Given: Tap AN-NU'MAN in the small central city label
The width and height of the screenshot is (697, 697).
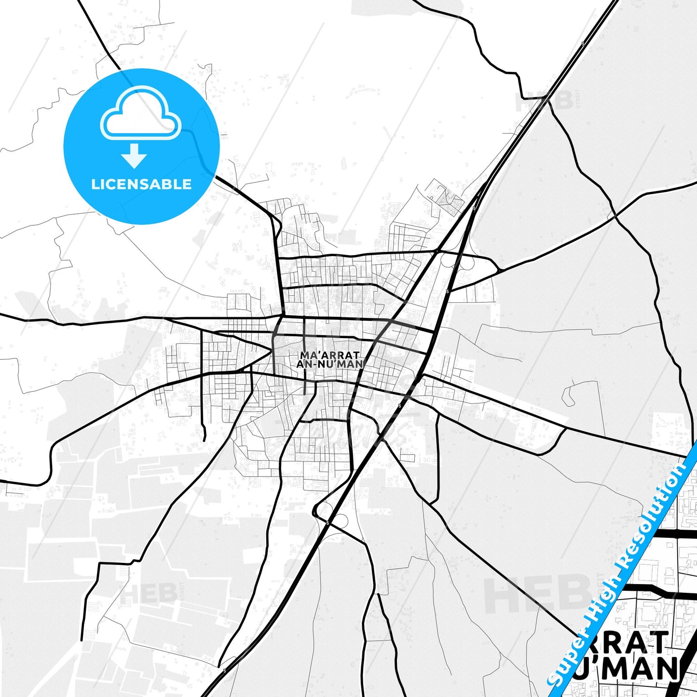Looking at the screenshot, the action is click(x=330, y=364).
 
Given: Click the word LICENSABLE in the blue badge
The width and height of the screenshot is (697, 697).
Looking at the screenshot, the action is click(x=141, y=184).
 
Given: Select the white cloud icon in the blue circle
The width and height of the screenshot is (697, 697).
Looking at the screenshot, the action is click(x=140, y=113).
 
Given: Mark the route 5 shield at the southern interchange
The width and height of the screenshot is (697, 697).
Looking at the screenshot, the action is click(x=328, y=523).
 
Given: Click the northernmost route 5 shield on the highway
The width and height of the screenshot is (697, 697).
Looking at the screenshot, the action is click(x=583, y=44).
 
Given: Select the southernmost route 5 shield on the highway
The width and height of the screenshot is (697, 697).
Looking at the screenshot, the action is click(x=224, y=670).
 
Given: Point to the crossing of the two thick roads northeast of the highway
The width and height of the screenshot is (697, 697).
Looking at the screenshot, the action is click(x=615, y=215).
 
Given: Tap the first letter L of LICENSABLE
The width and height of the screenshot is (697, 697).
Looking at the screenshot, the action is click(x=95, y=184).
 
